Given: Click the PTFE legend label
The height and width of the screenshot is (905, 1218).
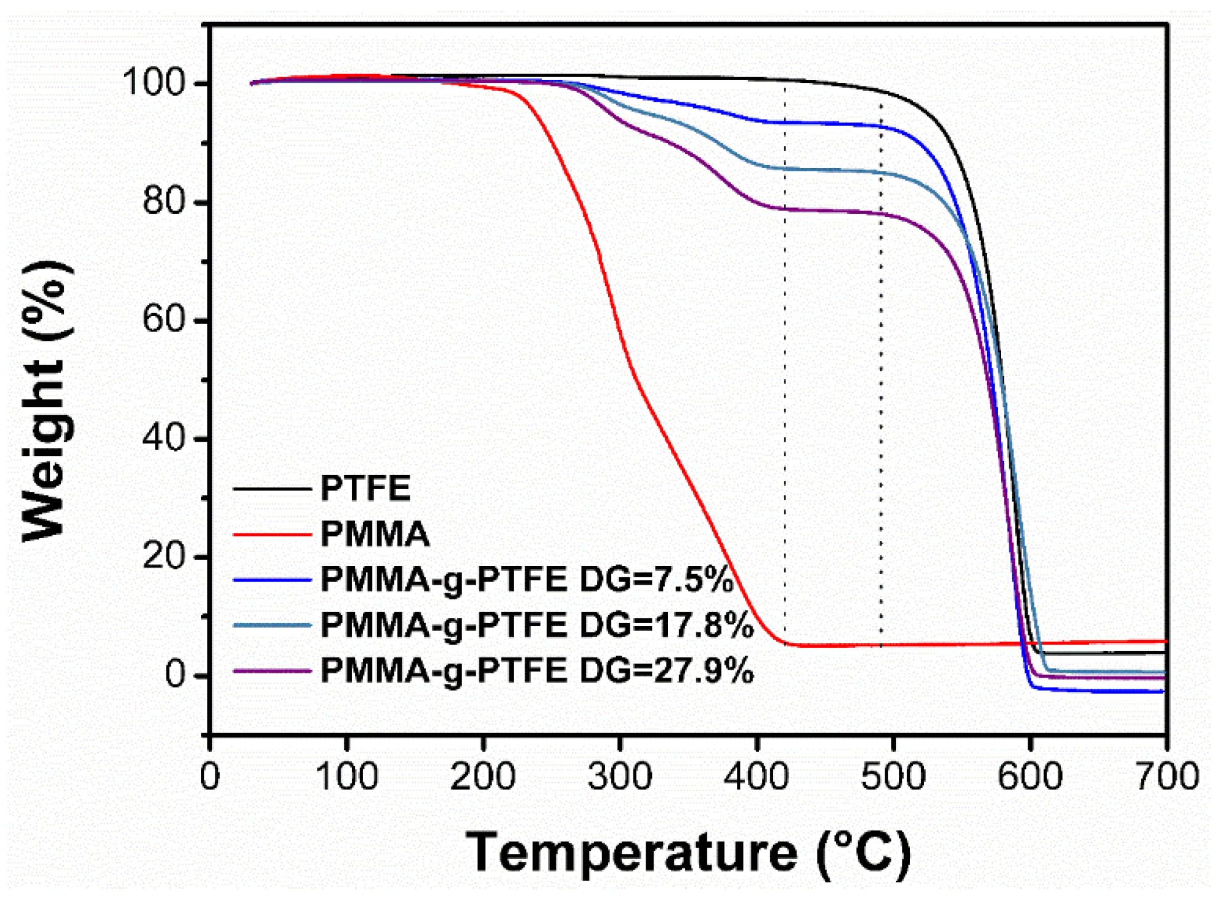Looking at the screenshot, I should pos(365,489).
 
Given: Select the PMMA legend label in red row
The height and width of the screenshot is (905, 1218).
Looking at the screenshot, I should pos(375,534).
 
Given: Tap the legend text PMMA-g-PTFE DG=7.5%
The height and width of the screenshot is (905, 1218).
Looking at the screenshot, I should pos(527,579).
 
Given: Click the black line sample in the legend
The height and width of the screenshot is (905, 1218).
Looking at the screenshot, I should pos(272,489).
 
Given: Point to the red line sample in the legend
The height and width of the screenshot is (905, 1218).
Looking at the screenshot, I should pos(272,534).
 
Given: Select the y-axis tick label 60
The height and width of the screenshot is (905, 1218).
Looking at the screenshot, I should pos(164,320).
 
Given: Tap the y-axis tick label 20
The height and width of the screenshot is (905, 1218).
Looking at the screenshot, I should pos(164,556).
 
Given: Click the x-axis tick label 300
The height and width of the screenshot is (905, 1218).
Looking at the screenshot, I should pos(619,776).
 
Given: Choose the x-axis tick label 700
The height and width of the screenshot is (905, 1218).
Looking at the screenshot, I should pos(1166,776).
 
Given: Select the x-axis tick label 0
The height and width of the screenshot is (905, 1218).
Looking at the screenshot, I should pos(210,776).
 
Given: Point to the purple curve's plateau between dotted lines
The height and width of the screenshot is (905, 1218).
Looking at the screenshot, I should pos(832,211).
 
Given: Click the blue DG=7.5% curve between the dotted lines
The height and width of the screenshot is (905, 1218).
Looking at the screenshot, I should pos(832,123).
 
